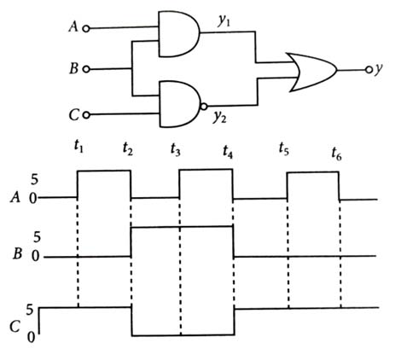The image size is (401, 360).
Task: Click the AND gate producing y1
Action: coord(178,34)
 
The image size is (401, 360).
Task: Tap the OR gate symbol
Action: coord(312,72)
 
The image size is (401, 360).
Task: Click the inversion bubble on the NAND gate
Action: coord(204,107)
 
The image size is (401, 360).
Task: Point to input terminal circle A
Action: coord(86,29)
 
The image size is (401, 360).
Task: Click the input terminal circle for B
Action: coord(86,69)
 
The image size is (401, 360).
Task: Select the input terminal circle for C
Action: coord(86,115)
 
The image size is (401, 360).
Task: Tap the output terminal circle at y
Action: coord(369,70)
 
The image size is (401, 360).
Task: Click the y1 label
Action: coord(224,21)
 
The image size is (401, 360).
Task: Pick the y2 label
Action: coord(220,117)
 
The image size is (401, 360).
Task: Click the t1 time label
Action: coord(78,147)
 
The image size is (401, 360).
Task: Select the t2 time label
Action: coord(128,148)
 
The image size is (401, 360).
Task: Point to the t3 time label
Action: coord(176,149)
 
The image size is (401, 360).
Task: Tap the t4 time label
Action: coord(228,151)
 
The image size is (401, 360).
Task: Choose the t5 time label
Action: coord(284,149)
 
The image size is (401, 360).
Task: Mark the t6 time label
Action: coord(336,154)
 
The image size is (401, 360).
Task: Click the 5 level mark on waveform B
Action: coord(37,237)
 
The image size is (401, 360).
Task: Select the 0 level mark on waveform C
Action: coord(32,337)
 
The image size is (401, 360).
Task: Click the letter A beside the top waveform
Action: coord(15,197)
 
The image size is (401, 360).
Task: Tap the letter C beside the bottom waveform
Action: coord(15,327)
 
